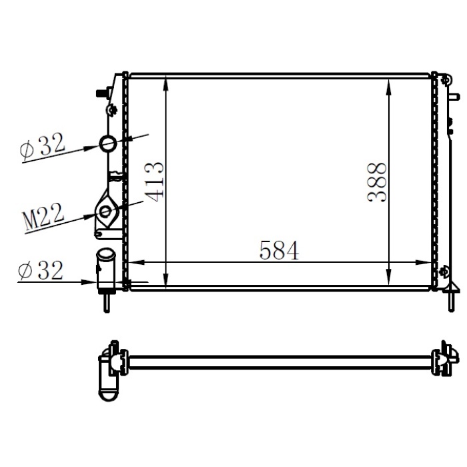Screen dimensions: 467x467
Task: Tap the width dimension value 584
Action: click(279, 250)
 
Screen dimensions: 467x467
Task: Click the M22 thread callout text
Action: click(43, 217)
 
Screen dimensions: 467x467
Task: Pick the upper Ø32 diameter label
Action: click(43, 146)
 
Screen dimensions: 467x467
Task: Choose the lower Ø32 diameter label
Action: click(41, 270)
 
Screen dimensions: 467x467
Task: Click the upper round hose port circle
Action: click(108, 143)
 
